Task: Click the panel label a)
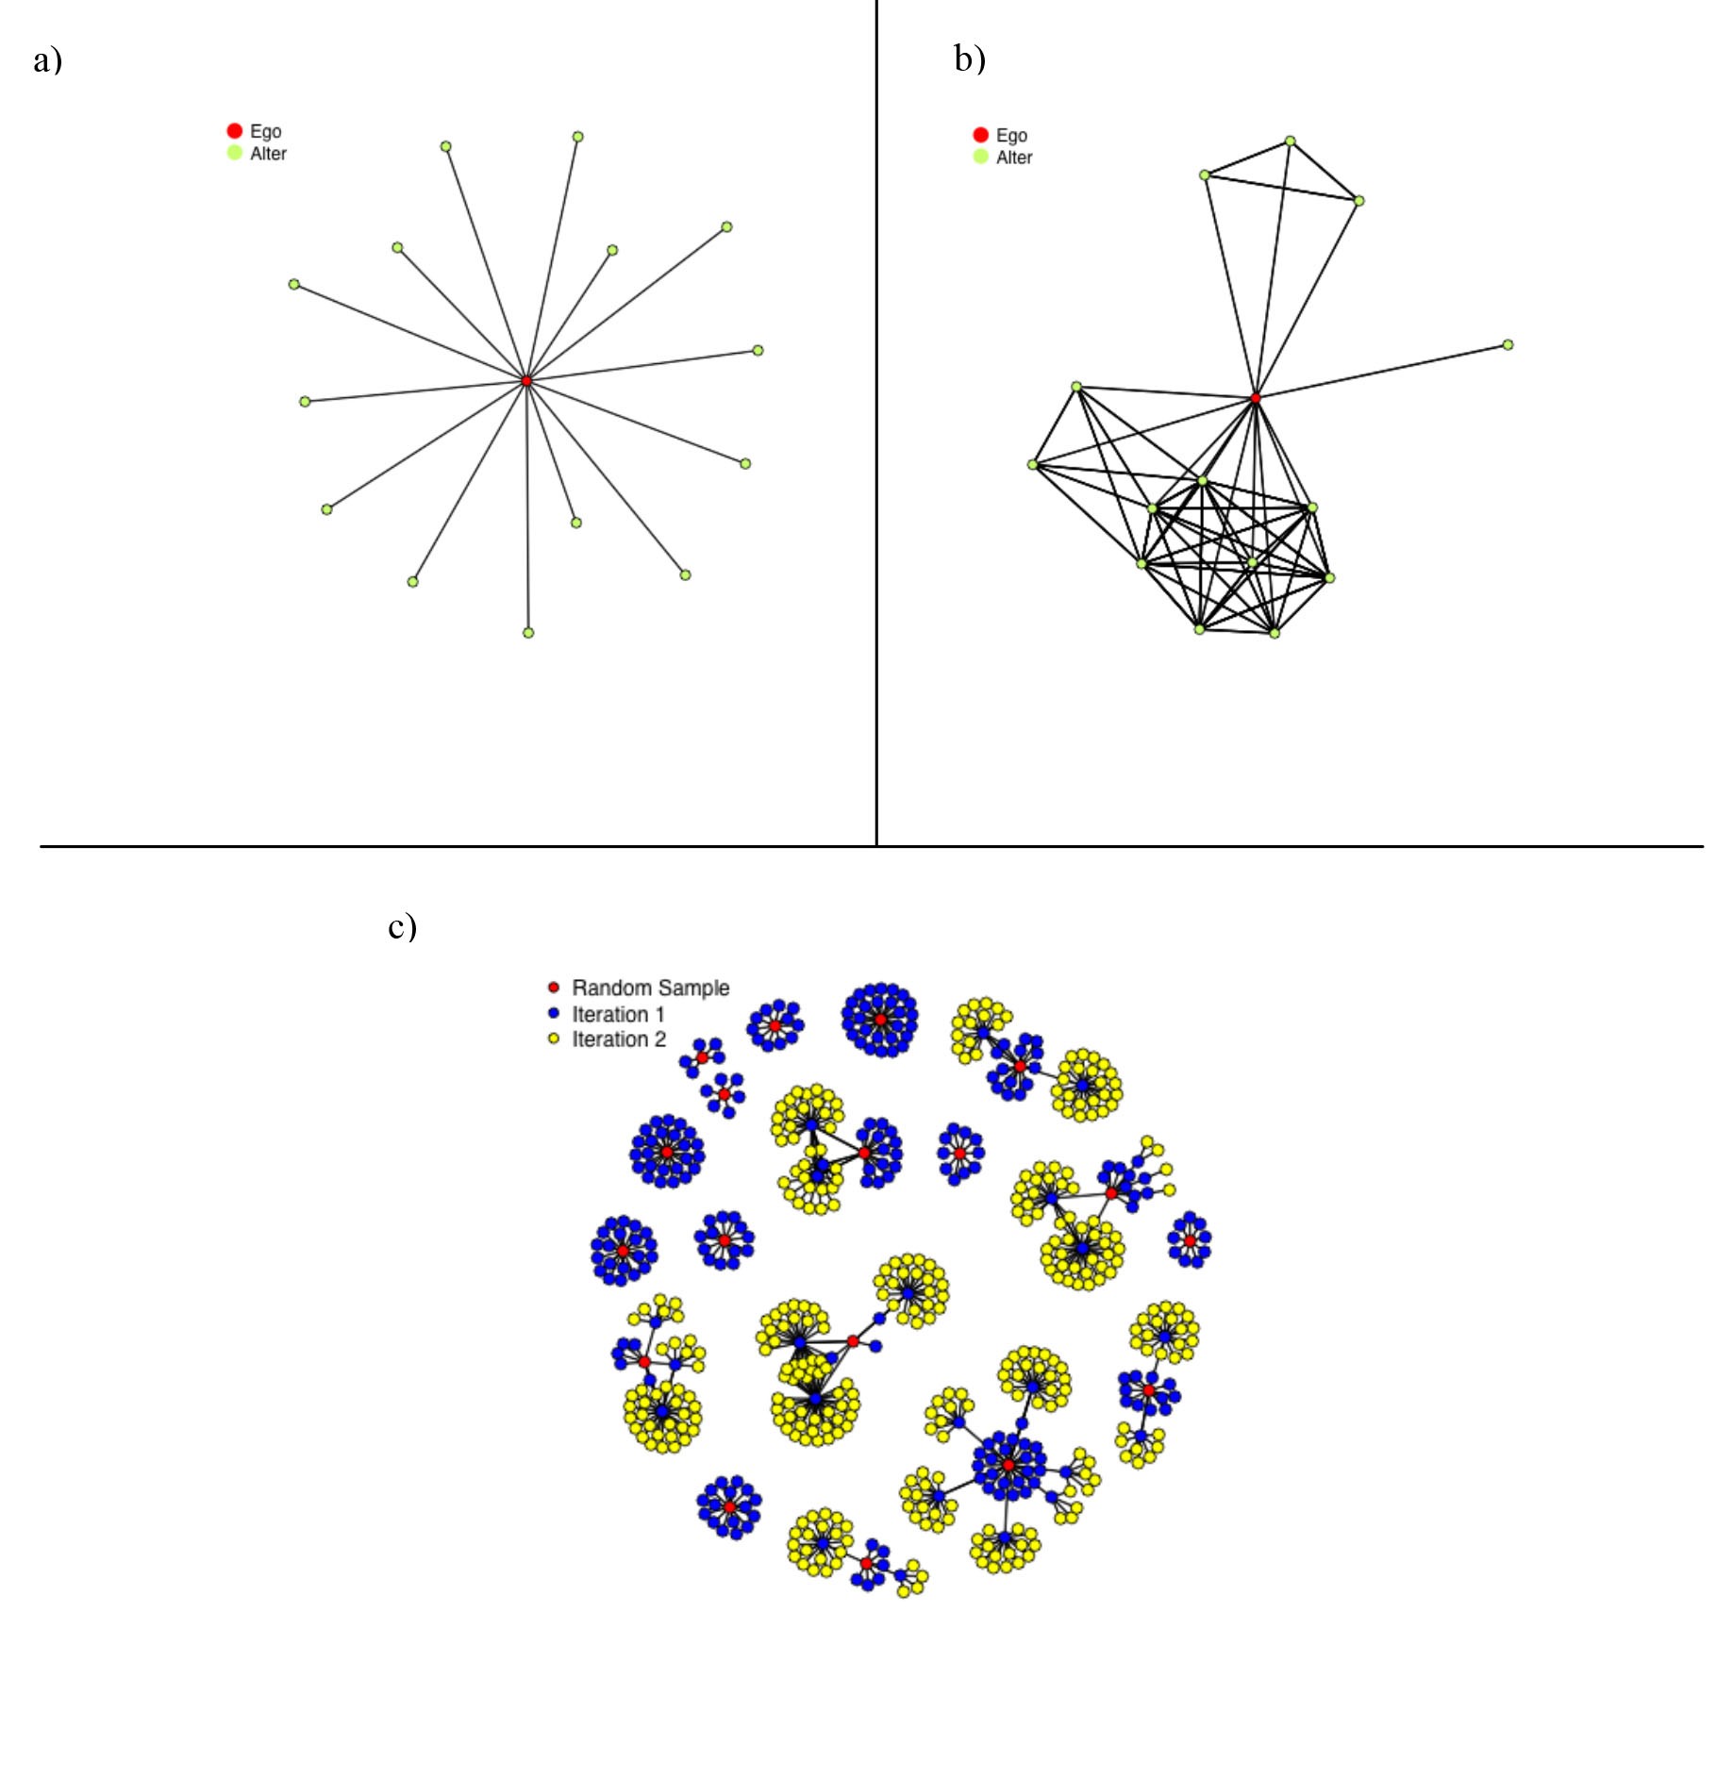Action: tap(47, 60)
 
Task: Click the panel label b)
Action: tap(970, 58)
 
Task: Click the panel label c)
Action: tap(403, 926)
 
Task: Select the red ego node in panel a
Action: tap(526, 380)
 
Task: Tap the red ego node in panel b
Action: tap(1256, 398)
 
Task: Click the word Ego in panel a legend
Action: tap(266, 131)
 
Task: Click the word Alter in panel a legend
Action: tap(268, 154)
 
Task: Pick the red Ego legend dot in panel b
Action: tap(981, 135)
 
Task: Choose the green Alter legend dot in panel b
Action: tap(981, 157)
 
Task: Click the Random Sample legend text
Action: tap(651, 988)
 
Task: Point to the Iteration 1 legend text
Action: tap(619, 1014)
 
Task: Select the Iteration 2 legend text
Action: tap(619, 1039)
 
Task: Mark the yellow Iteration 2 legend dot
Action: tap(554, 1039)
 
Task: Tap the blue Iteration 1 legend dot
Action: tap(554, 1014)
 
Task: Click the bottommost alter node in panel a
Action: tap(528, 632)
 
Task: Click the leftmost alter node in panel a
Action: tap(294, 284)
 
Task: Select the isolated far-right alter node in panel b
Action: tap(1508, 344)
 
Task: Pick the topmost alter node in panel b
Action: tap(1290, 141)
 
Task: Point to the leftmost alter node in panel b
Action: tap(1033, 464)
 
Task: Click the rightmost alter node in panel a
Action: tap(758, 350)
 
